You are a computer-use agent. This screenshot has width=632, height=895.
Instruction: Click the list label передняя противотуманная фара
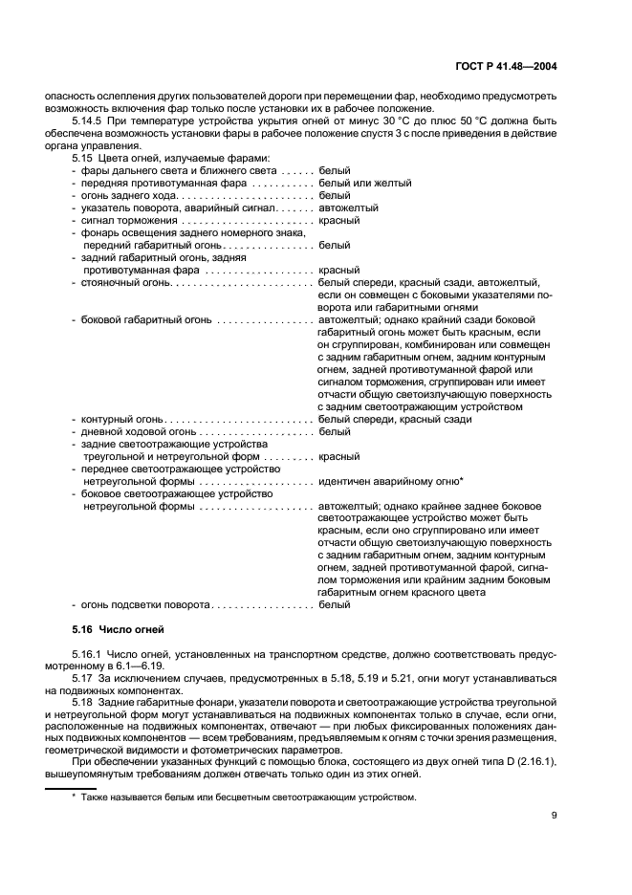[142, 183]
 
